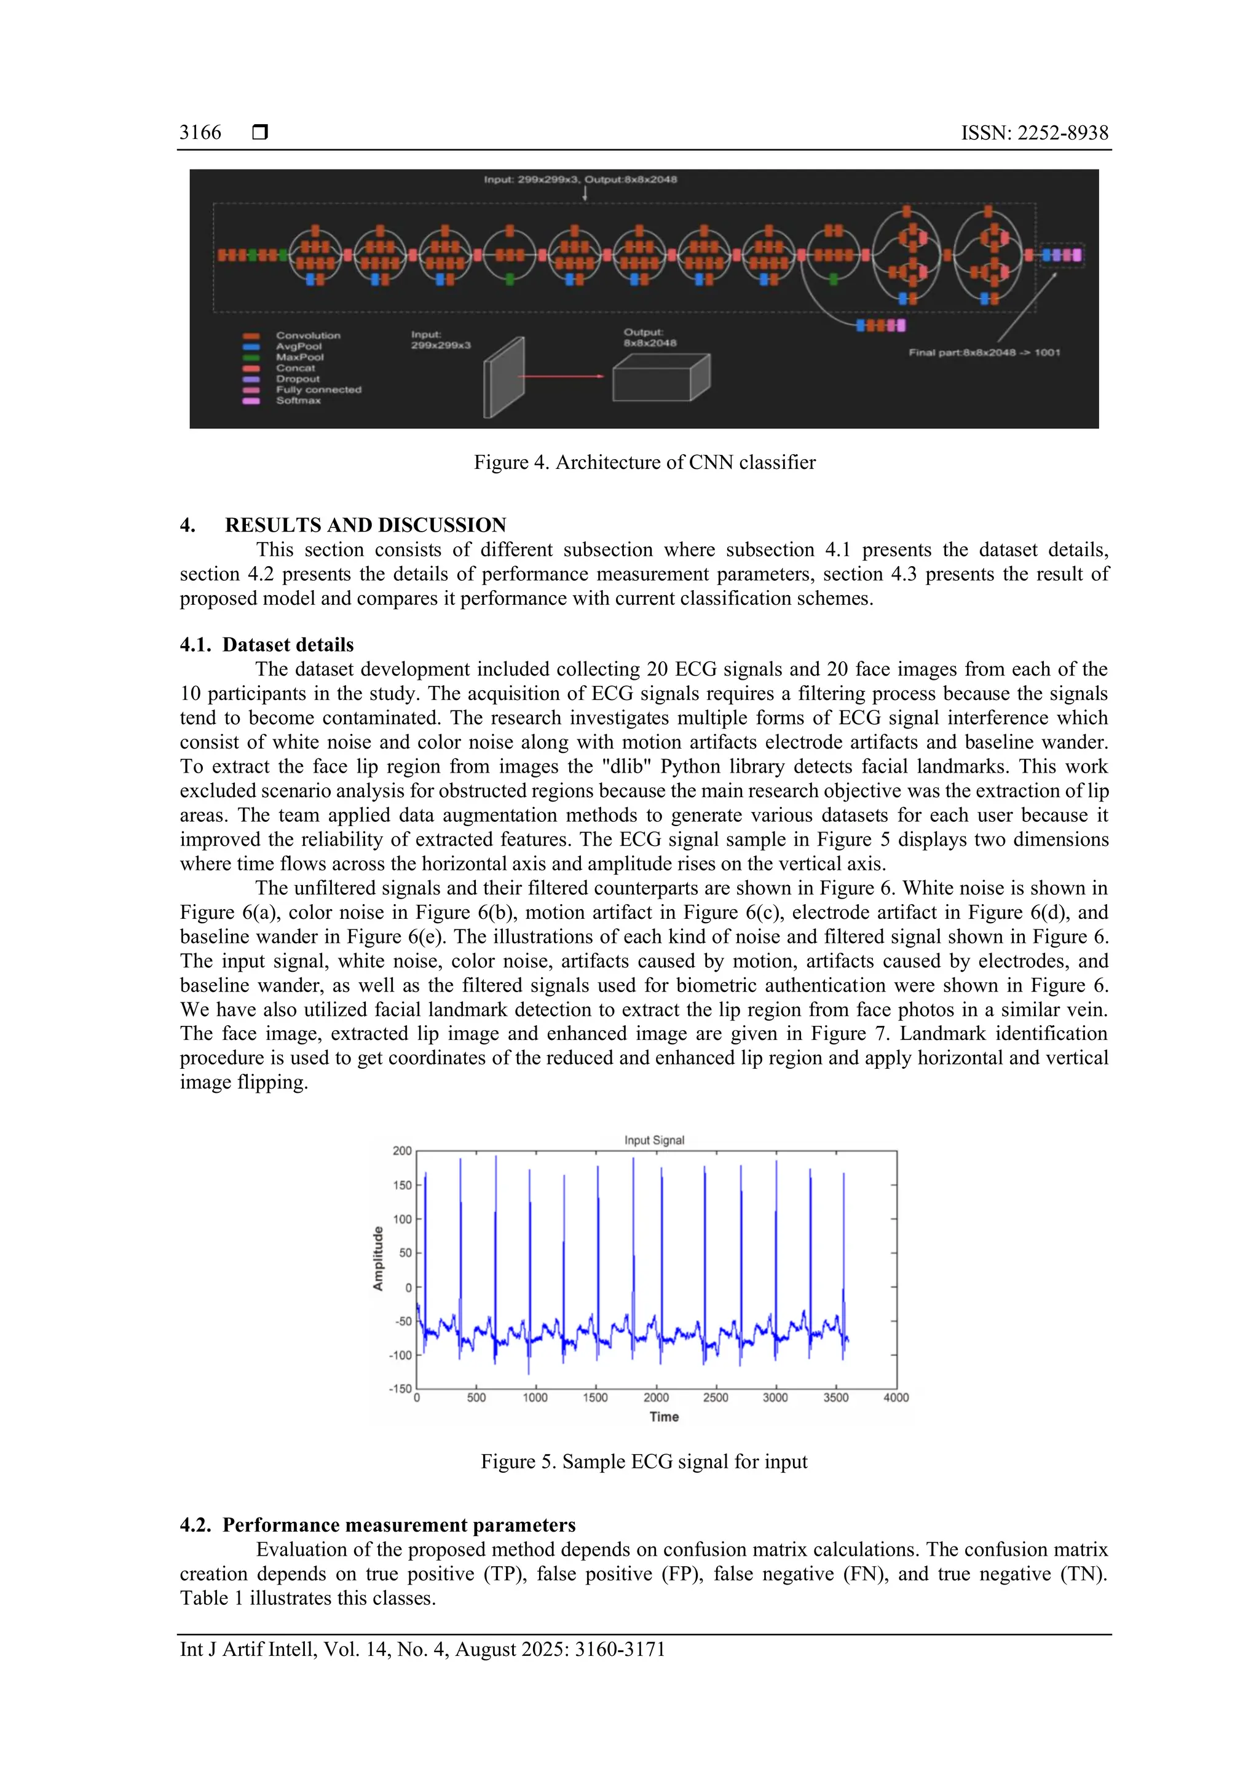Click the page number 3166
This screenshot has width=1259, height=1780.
click(200, 133)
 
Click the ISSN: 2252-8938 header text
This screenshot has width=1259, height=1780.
click(1034, 133)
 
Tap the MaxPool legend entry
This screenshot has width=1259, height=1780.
click(299, 357)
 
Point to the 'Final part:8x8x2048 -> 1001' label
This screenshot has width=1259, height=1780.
click(984, 353)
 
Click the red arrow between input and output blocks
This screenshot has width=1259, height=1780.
click(560, 376)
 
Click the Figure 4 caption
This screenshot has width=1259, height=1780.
click(644, 462)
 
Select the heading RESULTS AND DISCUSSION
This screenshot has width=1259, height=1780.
click(365, 525)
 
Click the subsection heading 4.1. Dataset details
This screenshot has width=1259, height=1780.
click(267, 644)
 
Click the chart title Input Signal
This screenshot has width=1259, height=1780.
click(654, 1140)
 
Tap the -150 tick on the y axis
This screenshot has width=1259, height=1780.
click(400, 1388)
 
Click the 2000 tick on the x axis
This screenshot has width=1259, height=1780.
click(656, 1398)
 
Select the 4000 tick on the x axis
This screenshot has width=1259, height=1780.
click(896, 1398)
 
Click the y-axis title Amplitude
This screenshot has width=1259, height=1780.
click(378, 1258)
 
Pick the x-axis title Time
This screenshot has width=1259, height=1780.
click(663, 1417)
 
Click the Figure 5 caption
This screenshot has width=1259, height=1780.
click(644, 1462)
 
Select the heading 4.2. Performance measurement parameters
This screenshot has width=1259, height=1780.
click(378, 1525)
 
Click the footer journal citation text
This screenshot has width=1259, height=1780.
click(422, 1649)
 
